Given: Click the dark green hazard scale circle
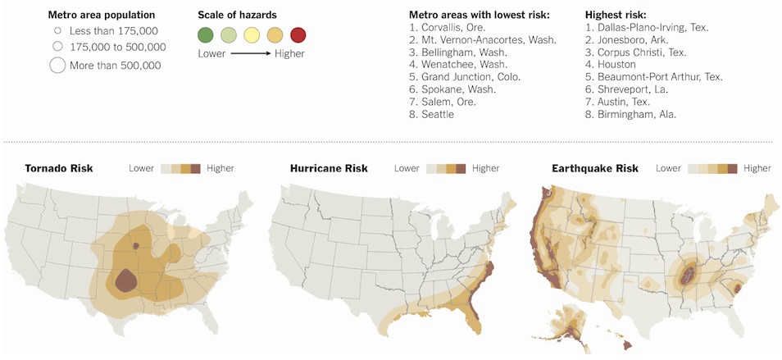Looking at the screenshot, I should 206,34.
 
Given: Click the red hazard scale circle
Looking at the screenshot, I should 298,34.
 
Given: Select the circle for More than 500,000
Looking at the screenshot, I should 57,66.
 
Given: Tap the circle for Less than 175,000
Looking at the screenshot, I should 57,31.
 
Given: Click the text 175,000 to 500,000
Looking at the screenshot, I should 116,48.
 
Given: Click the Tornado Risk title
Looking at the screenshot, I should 58,168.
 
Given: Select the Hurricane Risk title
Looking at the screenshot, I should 329,168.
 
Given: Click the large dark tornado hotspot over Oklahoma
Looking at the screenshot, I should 125,280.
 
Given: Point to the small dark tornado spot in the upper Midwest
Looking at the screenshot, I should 136,244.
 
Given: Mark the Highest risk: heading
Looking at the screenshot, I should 615,15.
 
